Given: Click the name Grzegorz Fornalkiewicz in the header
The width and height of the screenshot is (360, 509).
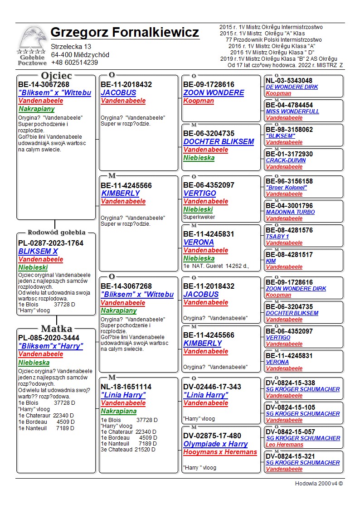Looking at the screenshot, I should [125, 33].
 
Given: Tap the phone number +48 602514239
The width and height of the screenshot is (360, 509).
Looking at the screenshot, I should [74, 63].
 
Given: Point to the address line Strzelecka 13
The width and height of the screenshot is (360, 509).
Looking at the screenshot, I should [71, 47].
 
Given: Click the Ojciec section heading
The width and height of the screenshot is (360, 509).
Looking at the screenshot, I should [56, 76].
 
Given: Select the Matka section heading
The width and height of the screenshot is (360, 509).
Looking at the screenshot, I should [56, 329].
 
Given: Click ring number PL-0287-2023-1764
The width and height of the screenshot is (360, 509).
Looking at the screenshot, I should [51, 243].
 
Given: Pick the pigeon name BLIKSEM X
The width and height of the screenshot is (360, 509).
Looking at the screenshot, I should [38, 251].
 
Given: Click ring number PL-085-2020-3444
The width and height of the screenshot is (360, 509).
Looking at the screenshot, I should [49, 338].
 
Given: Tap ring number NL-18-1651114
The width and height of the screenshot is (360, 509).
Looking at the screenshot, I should [126, 387].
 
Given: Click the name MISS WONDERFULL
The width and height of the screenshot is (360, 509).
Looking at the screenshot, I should [292, 111].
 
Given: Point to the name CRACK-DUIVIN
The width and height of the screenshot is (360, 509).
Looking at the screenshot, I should [286, 160].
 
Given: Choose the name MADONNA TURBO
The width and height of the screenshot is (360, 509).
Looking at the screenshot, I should [290, 212].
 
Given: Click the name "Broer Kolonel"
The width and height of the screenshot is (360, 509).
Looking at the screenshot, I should [287, 188].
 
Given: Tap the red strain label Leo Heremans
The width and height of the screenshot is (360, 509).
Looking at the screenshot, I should [285, 445].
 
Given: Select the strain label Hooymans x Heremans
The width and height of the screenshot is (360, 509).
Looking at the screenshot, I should [220, 452].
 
